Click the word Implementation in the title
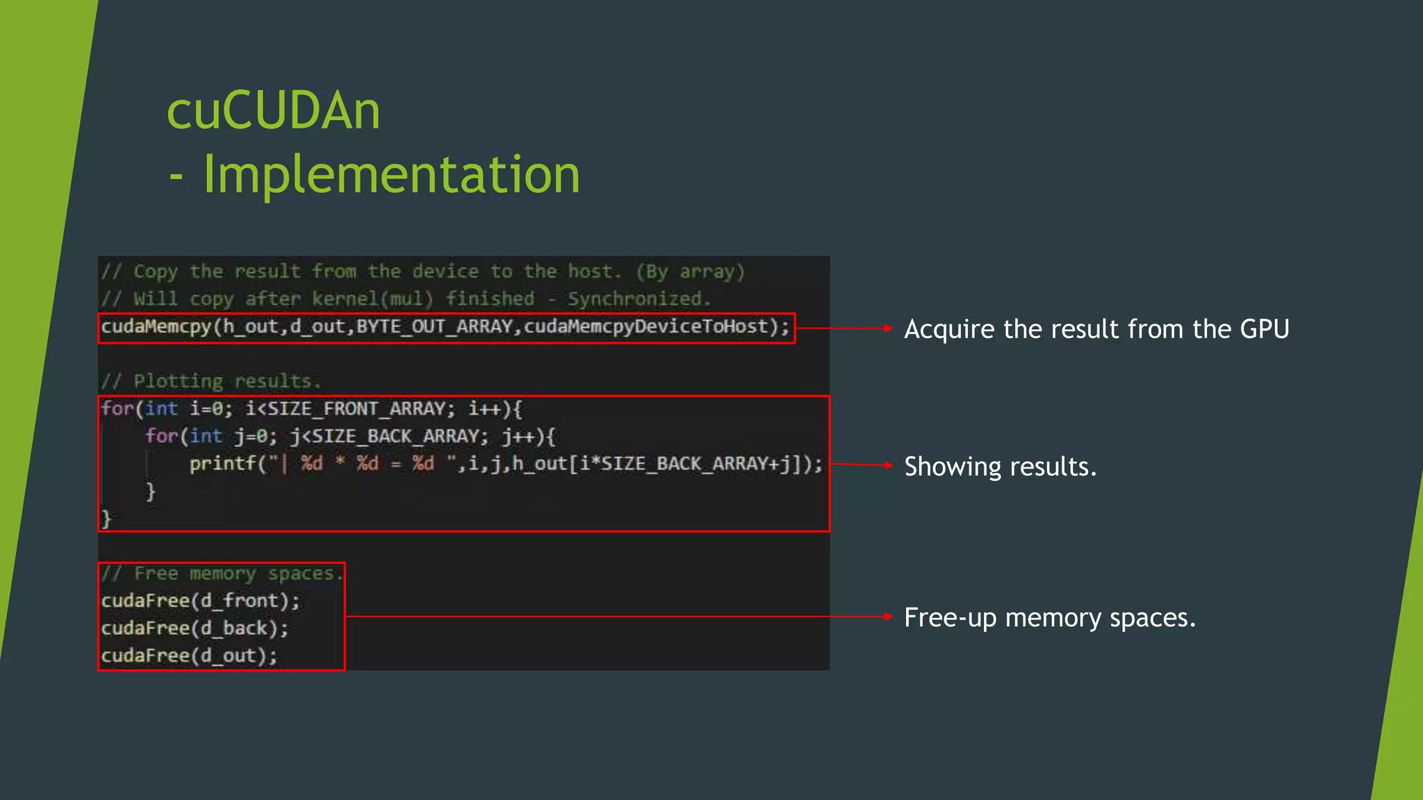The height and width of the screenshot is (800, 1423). click(391, 174)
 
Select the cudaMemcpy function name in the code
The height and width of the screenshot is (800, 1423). click(156, 326)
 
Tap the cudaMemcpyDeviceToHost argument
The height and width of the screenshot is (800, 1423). click(645, 326)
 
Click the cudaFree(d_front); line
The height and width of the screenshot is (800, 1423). click(200, 601)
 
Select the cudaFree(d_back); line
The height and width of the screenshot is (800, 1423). click(195, 628)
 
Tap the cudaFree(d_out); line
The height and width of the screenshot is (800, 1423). click(189, 656)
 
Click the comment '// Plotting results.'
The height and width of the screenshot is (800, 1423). click(211, 381)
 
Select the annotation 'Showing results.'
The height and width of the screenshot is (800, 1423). click(1000, 467)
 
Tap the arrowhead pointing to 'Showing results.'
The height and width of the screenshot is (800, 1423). click(888, 465)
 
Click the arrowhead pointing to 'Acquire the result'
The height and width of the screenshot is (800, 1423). click(888, 328)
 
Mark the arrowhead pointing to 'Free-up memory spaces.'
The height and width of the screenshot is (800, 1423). click(888, 616)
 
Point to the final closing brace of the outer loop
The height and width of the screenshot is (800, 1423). click(106, 518)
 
